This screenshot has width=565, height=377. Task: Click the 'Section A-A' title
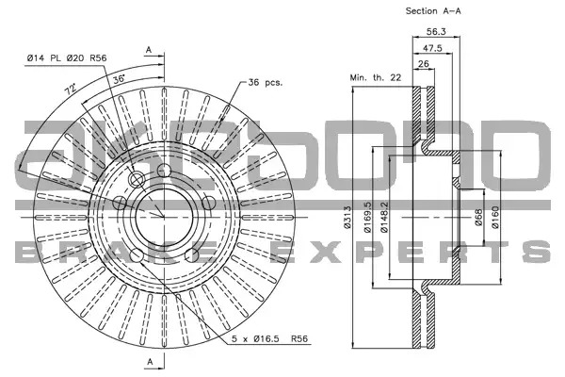[433, 11]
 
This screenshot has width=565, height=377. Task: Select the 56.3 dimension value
[436, 31]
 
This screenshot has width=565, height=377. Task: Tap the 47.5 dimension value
[432, 48]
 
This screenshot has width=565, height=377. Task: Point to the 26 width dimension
[424, 64]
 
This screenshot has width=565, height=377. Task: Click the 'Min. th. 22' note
[376, 77]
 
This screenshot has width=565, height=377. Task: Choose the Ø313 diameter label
[347, 217]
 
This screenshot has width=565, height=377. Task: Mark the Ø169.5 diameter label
[367, 217]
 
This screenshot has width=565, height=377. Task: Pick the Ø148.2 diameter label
[384, 217]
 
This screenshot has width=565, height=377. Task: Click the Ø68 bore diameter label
[478, 217]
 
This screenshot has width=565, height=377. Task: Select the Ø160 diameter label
[495, 217]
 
